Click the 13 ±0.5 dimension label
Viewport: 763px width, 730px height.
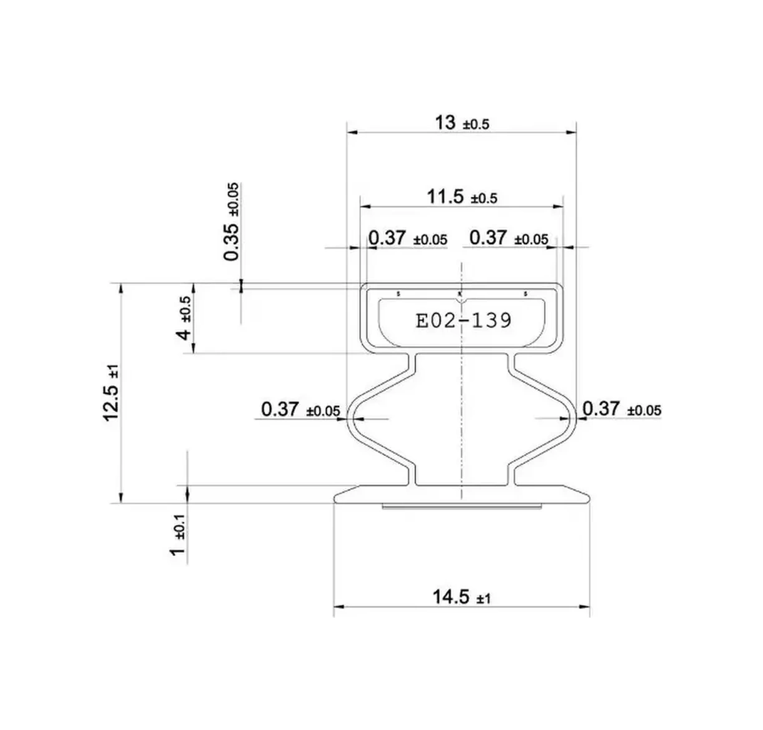tap(461, 123)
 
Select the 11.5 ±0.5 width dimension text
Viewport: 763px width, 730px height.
tap(461, 197)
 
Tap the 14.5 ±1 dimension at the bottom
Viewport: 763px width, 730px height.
tap(461, 598)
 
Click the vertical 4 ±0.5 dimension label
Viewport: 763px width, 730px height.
tap(185, 318)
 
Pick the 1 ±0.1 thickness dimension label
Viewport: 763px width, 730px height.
tap(179, 535)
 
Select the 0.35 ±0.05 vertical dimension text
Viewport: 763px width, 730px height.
tap(231, 222)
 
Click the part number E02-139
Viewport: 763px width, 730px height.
tap(463, 320)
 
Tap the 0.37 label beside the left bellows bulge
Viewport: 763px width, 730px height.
tap(300, 410)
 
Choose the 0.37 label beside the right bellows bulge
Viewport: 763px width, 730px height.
tap(621, 409)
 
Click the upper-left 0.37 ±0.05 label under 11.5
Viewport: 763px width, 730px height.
tap(407, 238)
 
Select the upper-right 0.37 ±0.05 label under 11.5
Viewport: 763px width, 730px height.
tap(508, 238)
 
